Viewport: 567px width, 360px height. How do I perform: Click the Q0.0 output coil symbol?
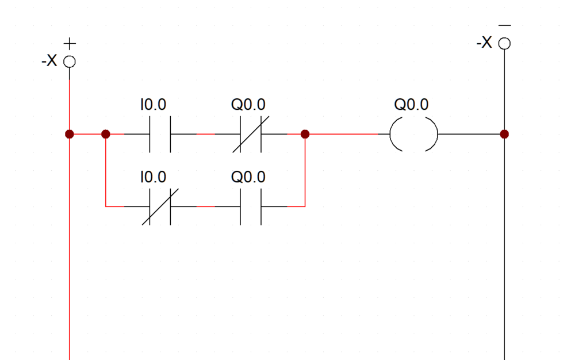[391, 134]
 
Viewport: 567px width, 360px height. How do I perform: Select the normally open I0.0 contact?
[150, 134]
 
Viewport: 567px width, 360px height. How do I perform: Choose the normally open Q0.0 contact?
[240, 207]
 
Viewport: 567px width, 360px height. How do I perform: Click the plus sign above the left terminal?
[70, 44]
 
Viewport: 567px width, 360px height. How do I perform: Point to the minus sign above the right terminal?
[504, 26]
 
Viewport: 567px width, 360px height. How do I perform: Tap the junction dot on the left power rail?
[70, 134]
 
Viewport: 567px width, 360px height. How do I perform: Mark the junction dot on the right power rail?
[504, 134]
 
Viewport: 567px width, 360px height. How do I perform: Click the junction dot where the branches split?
[106, 134]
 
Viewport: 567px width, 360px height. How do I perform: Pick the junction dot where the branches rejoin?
[305, 134]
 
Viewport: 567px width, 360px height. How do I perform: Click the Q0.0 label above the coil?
[411, 105]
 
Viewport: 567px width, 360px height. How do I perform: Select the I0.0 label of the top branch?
[153, 105]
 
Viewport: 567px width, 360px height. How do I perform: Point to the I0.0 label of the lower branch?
[153, 177]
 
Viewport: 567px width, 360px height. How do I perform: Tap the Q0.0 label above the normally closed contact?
[248, 105]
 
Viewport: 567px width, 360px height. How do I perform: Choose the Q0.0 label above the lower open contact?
[248, 177]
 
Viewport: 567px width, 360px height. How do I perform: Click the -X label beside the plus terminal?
[49, 60]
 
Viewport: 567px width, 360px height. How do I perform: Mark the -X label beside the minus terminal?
[484, 43]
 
